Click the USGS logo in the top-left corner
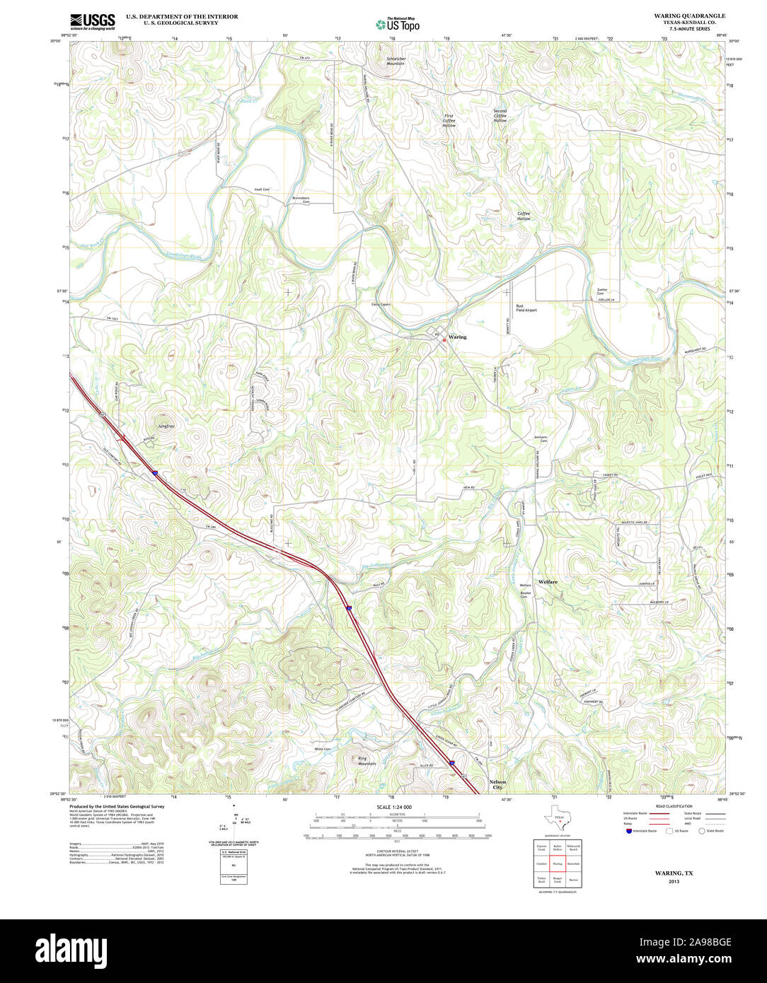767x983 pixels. click(92, 21)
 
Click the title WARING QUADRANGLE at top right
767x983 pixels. click(689, 16)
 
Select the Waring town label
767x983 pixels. click(458, 337)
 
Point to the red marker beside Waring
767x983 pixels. click(444, 340)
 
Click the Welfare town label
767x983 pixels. click(548, 581)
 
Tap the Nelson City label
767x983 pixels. click(497, 784)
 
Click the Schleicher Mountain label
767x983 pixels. click(396, 62)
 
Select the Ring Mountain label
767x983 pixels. click(367, 761)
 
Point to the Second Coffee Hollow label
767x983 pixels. click(500, 116)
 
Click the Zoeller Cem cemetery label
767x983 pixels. click(602, 291)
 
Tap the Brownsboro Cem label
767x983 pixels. click(301, 200)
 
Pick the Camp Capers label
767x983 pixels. click(381, 304)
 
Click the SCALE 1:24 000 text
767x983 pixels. click(394, 807)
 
